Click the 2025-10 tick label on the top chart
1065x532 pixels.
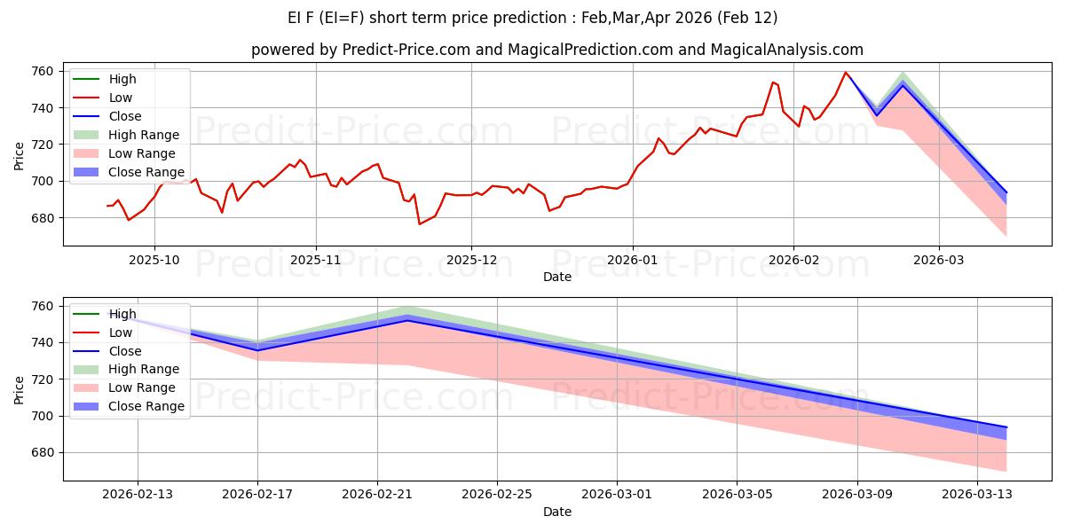point(154,261)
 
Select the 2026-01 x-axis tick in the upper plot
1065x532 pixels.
point(632,261)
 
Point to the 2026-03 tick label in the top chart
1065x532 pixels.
point(939,261)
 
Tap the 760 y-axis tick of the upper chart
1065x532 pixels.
point(43,71)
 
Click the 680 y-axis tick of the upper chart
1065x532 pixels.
point(43,218)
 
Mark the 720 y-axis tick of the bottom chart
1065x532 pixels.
point(43,379)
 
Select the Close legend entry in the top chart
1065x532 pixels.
point(125,116)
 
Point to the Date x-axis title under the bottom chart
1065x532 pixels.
point(557,512)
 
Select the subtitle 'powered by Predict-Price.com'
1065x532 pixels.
point(557,50)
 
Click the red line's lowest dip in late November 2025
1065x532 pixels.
point(420,223)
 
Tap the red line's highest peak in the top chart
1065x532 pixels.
point(846,73)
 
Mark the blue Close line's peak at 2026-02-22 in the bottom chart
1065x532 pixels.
point(407,320)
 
